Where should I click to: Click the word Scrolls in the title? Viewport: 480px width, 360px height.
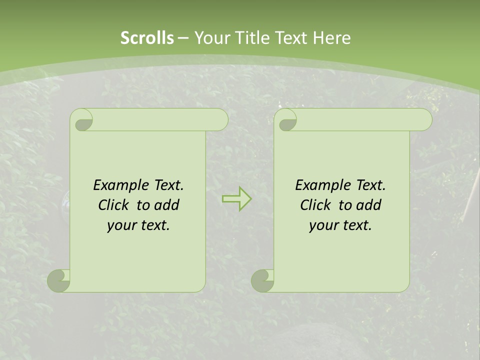pos(147,38)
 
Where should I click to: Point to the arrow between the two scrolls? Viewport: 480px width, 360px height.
pos(236,198)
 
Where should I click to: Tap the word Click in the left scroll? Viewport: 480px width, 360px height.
pos(113,205)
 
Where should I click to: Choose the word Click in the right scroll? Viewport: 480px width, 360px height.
pos(315,205)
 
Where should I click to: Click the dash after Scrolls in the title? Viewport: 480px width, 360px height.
pos(183,38)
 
